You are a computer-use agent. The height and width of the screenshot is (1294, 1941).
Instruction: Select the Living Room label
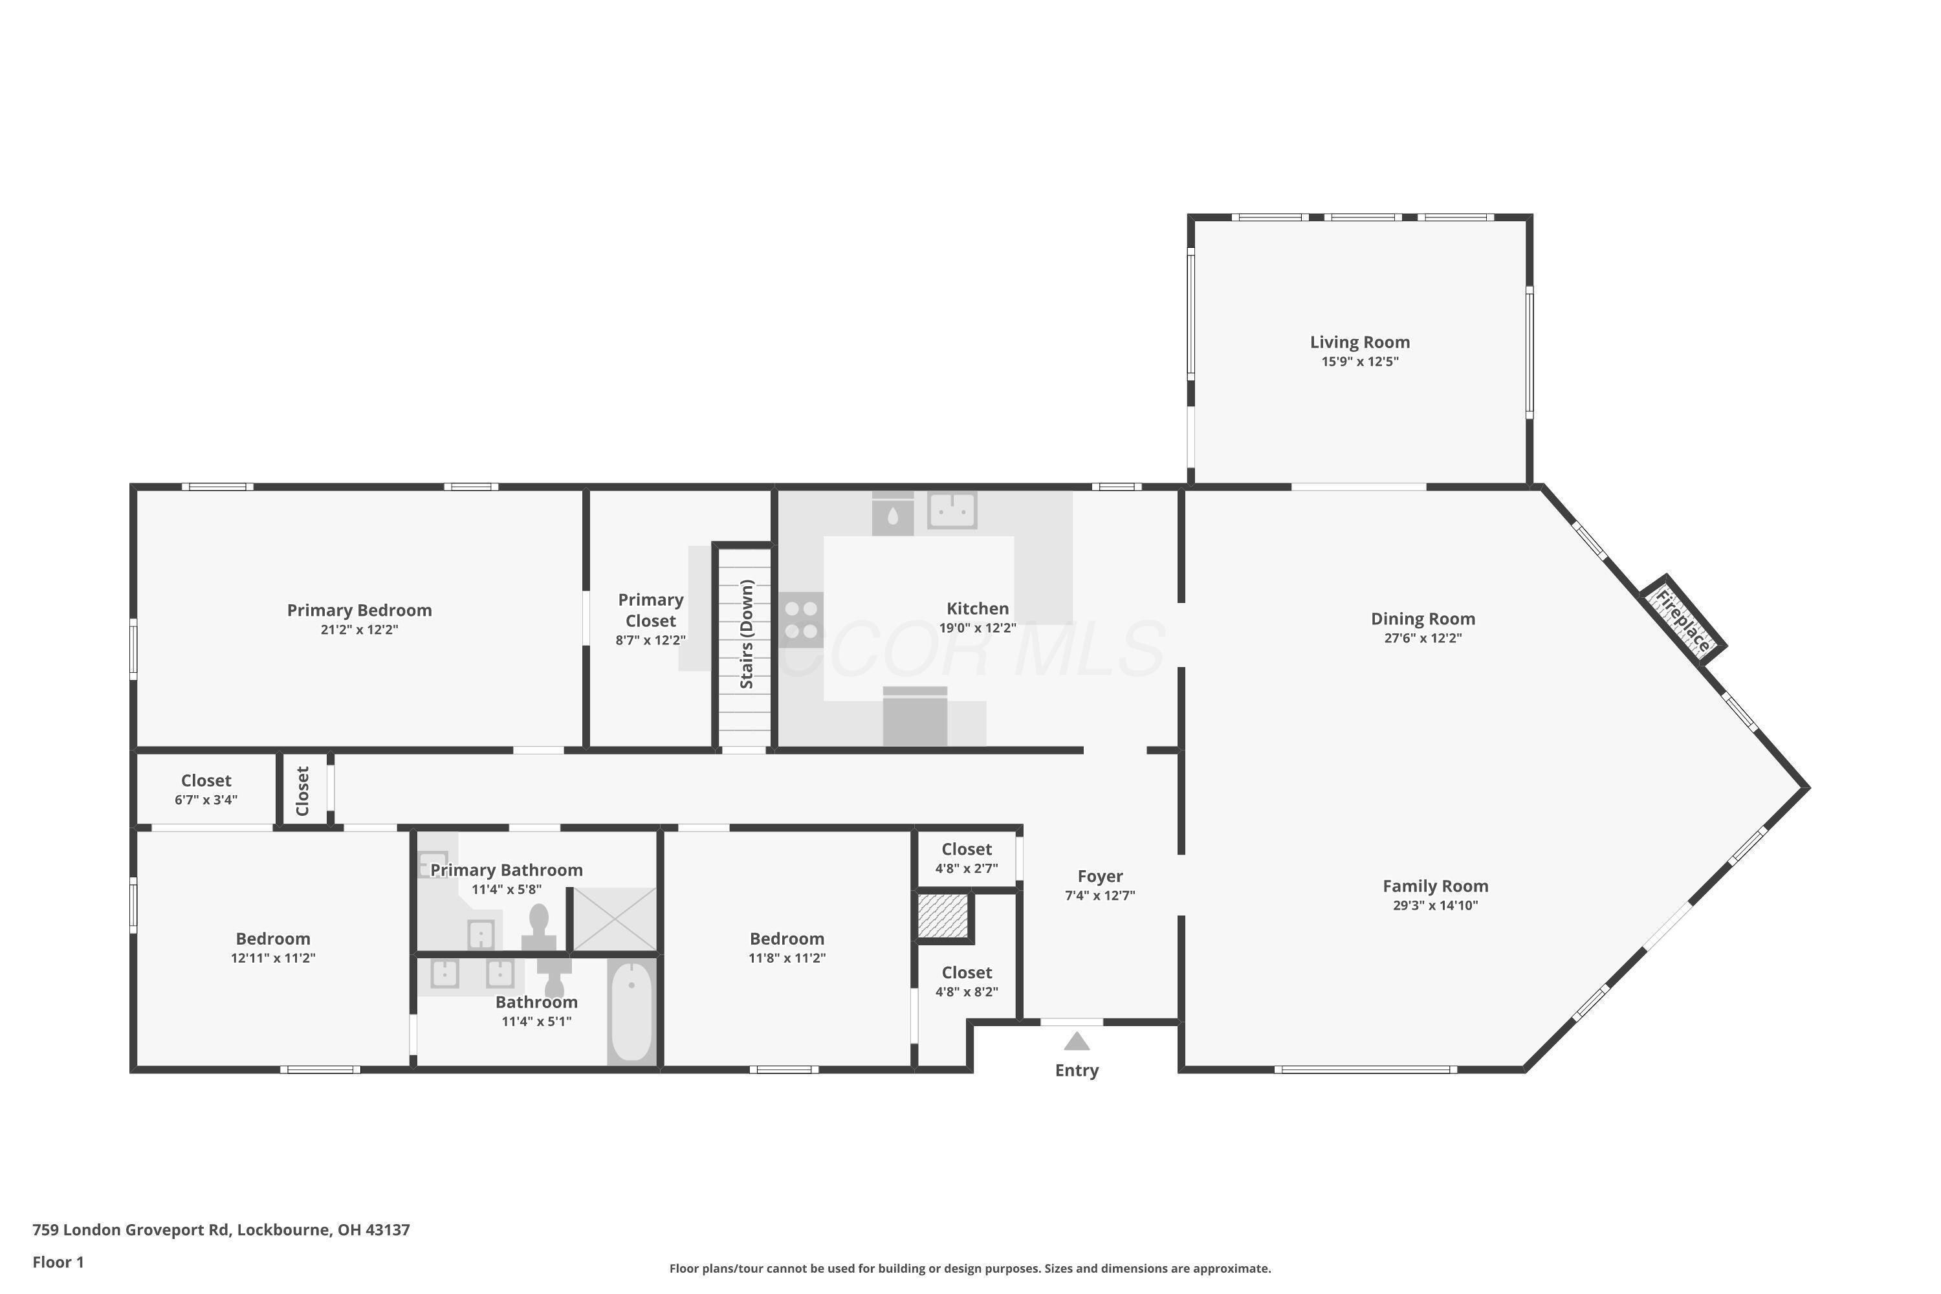tap(1360, 342)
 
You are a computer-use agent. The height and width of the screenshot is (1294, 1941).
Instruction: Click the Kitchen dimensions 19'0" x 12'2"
tap(977, 627)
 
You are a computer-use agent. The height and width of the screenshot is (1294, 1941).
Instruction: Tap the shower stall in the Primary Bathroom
tap(615, 919)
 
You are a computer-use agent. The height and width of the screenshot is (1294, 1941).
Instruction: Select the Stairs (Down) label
tap(746, 634)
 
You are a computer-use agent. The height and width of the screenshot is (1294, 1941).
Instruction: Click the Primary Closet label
tap(650, 610)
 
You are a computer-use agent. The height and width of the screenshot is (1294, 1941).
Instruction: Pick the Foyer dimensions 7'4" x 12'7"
tap(1100, 895)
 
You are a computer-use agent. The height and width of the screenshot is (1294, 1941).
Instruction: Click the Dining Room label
tap(1423, 618)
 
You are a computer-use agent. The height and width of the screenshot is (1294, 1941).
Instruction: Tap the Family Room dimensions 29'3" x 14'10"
tap(1435, 905)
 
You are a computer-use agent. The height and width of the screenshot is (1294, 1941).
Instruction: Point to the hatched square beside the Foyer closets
tap(943, 916)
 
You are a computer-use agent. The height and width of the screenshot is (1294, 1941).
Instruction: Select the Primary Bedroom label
tap(359, 610)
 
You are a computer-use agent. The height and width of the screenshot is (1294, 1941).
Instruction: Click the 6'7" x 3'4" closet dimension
tap(206, 800)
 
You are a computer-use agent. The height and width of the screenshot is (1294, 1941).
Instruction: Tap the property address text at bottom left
tap(221, 1230)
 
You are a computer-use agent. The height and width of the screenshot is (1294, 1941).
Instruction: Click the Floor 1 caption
tap(58, 1262)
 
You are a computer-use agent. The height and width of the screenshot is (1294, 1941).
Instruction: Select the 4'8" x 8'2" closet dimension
tap(967, 992)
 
